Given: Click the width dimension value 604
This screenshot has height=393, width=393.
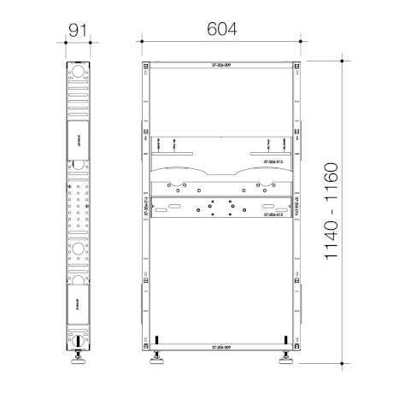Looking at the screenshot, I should [220, 27].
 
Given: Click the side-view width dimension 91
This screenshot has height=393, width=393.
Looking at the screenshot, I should [78, 27].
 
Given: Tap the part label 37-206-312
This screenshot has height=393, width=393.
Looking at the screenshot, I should [274, 161].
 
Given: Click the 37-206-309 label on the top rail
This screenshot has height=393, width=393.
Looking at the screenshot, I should [220, 65].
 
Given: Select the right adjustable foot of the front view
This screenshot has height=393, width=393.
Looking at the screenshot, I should [284, 361].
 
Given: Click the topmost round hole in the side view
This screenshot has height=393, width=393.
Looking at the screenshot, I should [78, 72].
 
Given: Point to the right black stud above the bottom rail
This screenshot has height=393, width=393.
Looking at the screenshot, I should [284, 337].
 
